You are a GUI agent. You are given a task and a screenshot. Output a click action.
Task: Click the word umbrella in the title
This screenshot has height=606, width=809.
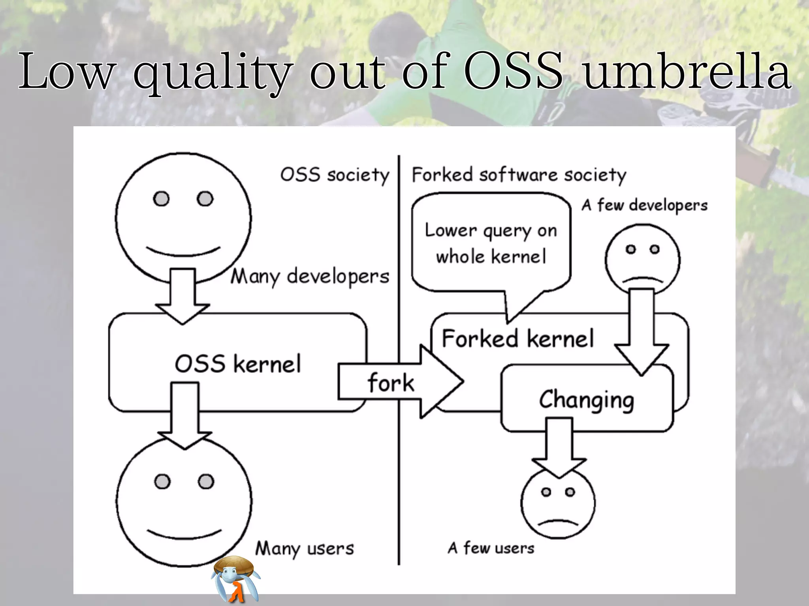point(687,72)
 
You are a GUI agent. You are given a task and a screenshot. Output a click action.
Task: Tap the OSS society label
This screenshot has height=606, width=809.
point(335,175)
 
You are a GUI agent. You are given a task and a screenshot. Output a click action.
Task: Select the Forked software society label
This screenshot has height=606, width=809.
point(519,175)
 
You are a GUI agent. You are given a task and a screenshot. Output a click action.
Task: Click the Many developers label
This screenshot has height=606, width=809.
point(310,276)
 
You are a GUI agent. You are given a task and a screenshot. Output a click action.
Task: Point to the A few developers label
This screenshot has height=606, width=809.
point(644,205)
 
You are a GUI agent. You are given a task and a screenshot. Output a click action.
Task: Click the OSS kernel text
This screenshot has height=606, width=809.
point(238,364)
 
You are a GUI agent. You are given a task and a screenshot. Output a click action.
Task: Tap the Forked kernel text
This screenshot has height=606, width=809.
point(517,339)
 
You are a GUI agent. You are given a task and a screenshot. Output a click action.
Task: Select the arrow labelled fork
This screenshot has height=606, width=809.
point(399,382)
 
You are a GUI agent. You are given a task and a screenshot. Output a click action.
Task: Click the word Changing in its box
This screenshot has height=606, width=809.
point(587,400)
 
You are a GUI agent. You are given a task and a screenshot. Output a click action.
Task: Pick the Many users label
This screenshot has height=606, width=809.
point(305,548)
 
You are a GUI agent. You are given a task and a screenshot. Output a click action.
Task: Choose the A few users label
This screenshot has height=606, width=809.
point(491,548)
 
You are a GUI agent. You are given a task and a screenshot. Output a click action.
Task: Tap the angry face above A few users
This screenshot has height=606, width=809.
point(558,503)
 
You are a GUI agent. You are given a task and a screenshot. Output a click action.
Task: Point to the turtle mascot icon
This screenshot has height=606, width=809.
point(235,579)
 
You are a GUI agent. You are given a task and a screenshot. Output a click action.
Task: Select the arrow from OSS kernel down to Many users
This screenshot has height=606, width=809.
point(185,414)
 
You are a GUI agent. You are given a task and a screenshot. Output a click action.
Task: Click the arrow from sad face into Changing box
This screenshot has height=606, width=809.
point(642,331)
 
